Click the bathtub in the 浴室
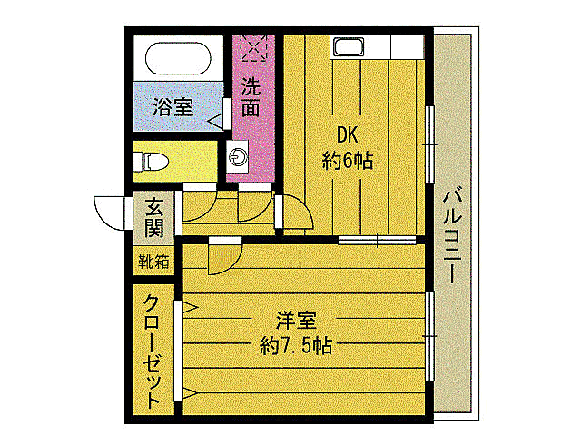point(177,60)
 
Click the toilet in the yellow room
point(153,162)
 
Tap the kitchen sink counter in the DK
point(349,46)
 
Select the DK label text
point(348,134)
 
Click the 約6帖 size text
point(348,161)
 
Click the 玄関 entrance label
point(152,216)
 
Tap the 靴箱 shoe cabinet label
point(152,263)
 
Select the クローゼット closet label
point(152,350)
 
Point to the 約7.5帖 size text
point(294,346)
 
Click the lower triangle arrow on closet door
point(191,393)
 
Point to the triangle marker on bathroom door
point(216,118)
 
